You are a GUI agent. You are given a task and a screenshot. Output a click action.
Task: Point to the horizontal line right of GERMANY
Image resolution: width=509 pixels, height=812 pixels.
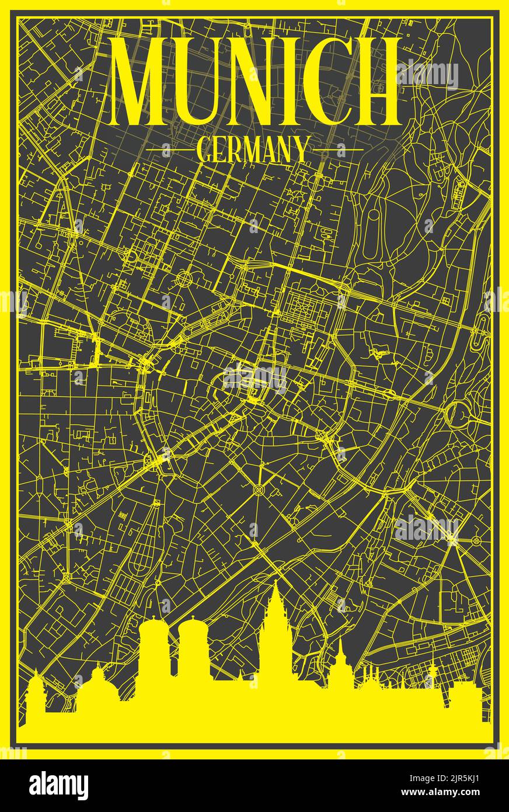pyautogui.click(x=336, y=150)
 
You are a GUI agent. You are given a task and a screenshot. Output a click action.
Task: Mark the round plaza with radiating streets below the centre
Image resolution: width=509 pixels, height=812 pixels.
pyautogui.click(x=259, y=488)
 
